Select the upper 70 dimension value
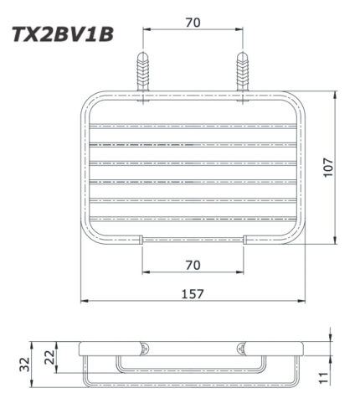pos(193,23)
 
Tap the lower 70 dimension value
pos(193,265)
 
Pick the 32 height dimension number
pos(26,364)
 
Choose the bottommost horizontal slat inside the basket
pos(193,217)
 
